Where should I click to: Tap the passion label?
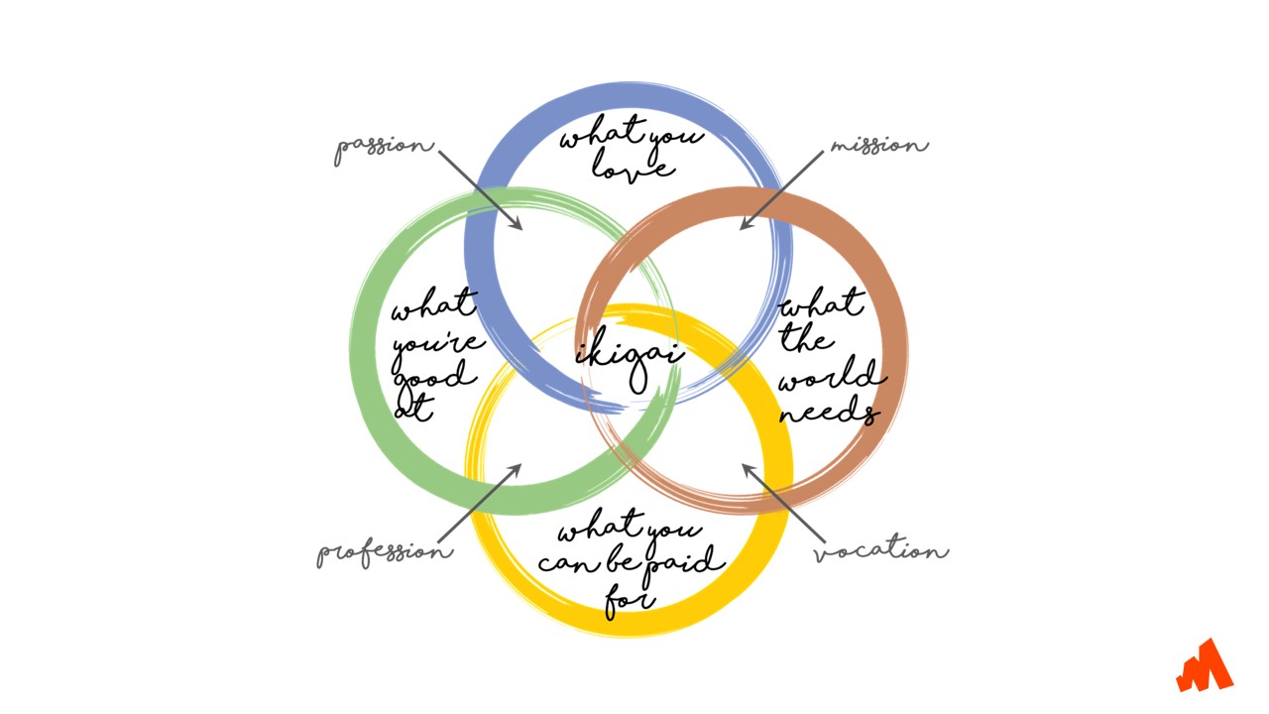[384, 149]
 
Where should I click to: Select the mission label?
[878, 146]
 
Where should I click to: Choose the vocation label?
[880, 551]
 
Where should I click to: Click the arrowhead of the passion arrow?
[518, 226]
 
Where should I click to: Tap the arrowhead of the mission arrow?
[745, 225]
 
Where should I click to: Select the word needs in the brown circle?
[829, 411]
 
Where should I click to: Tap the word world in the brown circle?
[831, 377]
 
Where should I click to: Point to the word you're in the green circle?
[436, 343]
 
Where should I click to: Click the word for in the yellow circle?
[630, 599]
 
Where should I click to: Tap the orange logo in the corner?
[1205, 666]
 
